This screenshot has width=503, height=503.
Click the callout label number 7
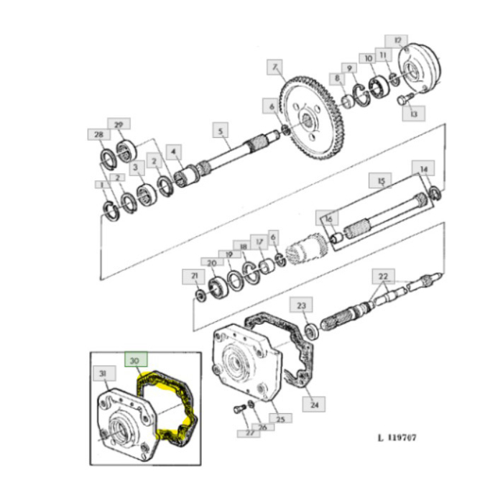(x=273, y=68)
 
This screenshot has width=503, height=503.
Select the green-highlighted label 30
(x=134, y=359)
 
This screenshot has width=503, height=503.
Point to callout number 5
(x=221, y=131)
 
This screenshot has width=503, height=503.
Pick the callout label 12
(x=397, y=41)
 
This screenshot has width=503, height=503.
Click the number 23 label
(x=302, y=305)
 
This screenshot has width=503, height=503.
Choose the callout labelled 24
(x=314, y=405)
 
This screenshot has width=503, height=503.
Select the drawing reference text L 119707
(x=397, y=436)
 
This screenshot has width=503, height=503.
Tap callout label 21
(x=193, y=275)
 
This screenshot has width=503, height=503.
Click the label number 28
(x=98, y=134)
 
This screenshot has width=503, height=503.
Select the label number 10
(x=367, y=57)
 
